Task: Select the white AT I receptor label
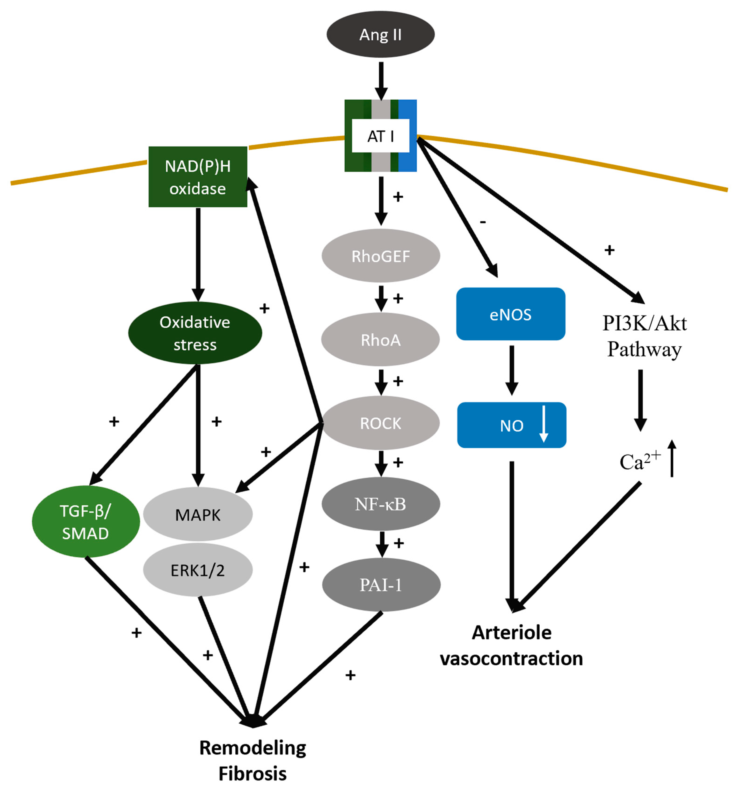(x=381, y=136)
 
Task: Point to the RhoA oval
(x=381, y=339)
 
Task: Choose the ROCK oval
(x=381, y=423)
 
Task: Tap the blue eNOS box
(x=510, y=314)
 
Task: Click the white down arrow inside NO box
(x=543, y=424)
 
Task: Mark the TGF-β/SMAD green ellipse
(x=85, y=522)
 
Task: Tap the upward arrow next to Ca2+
(x=672, y=458)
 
